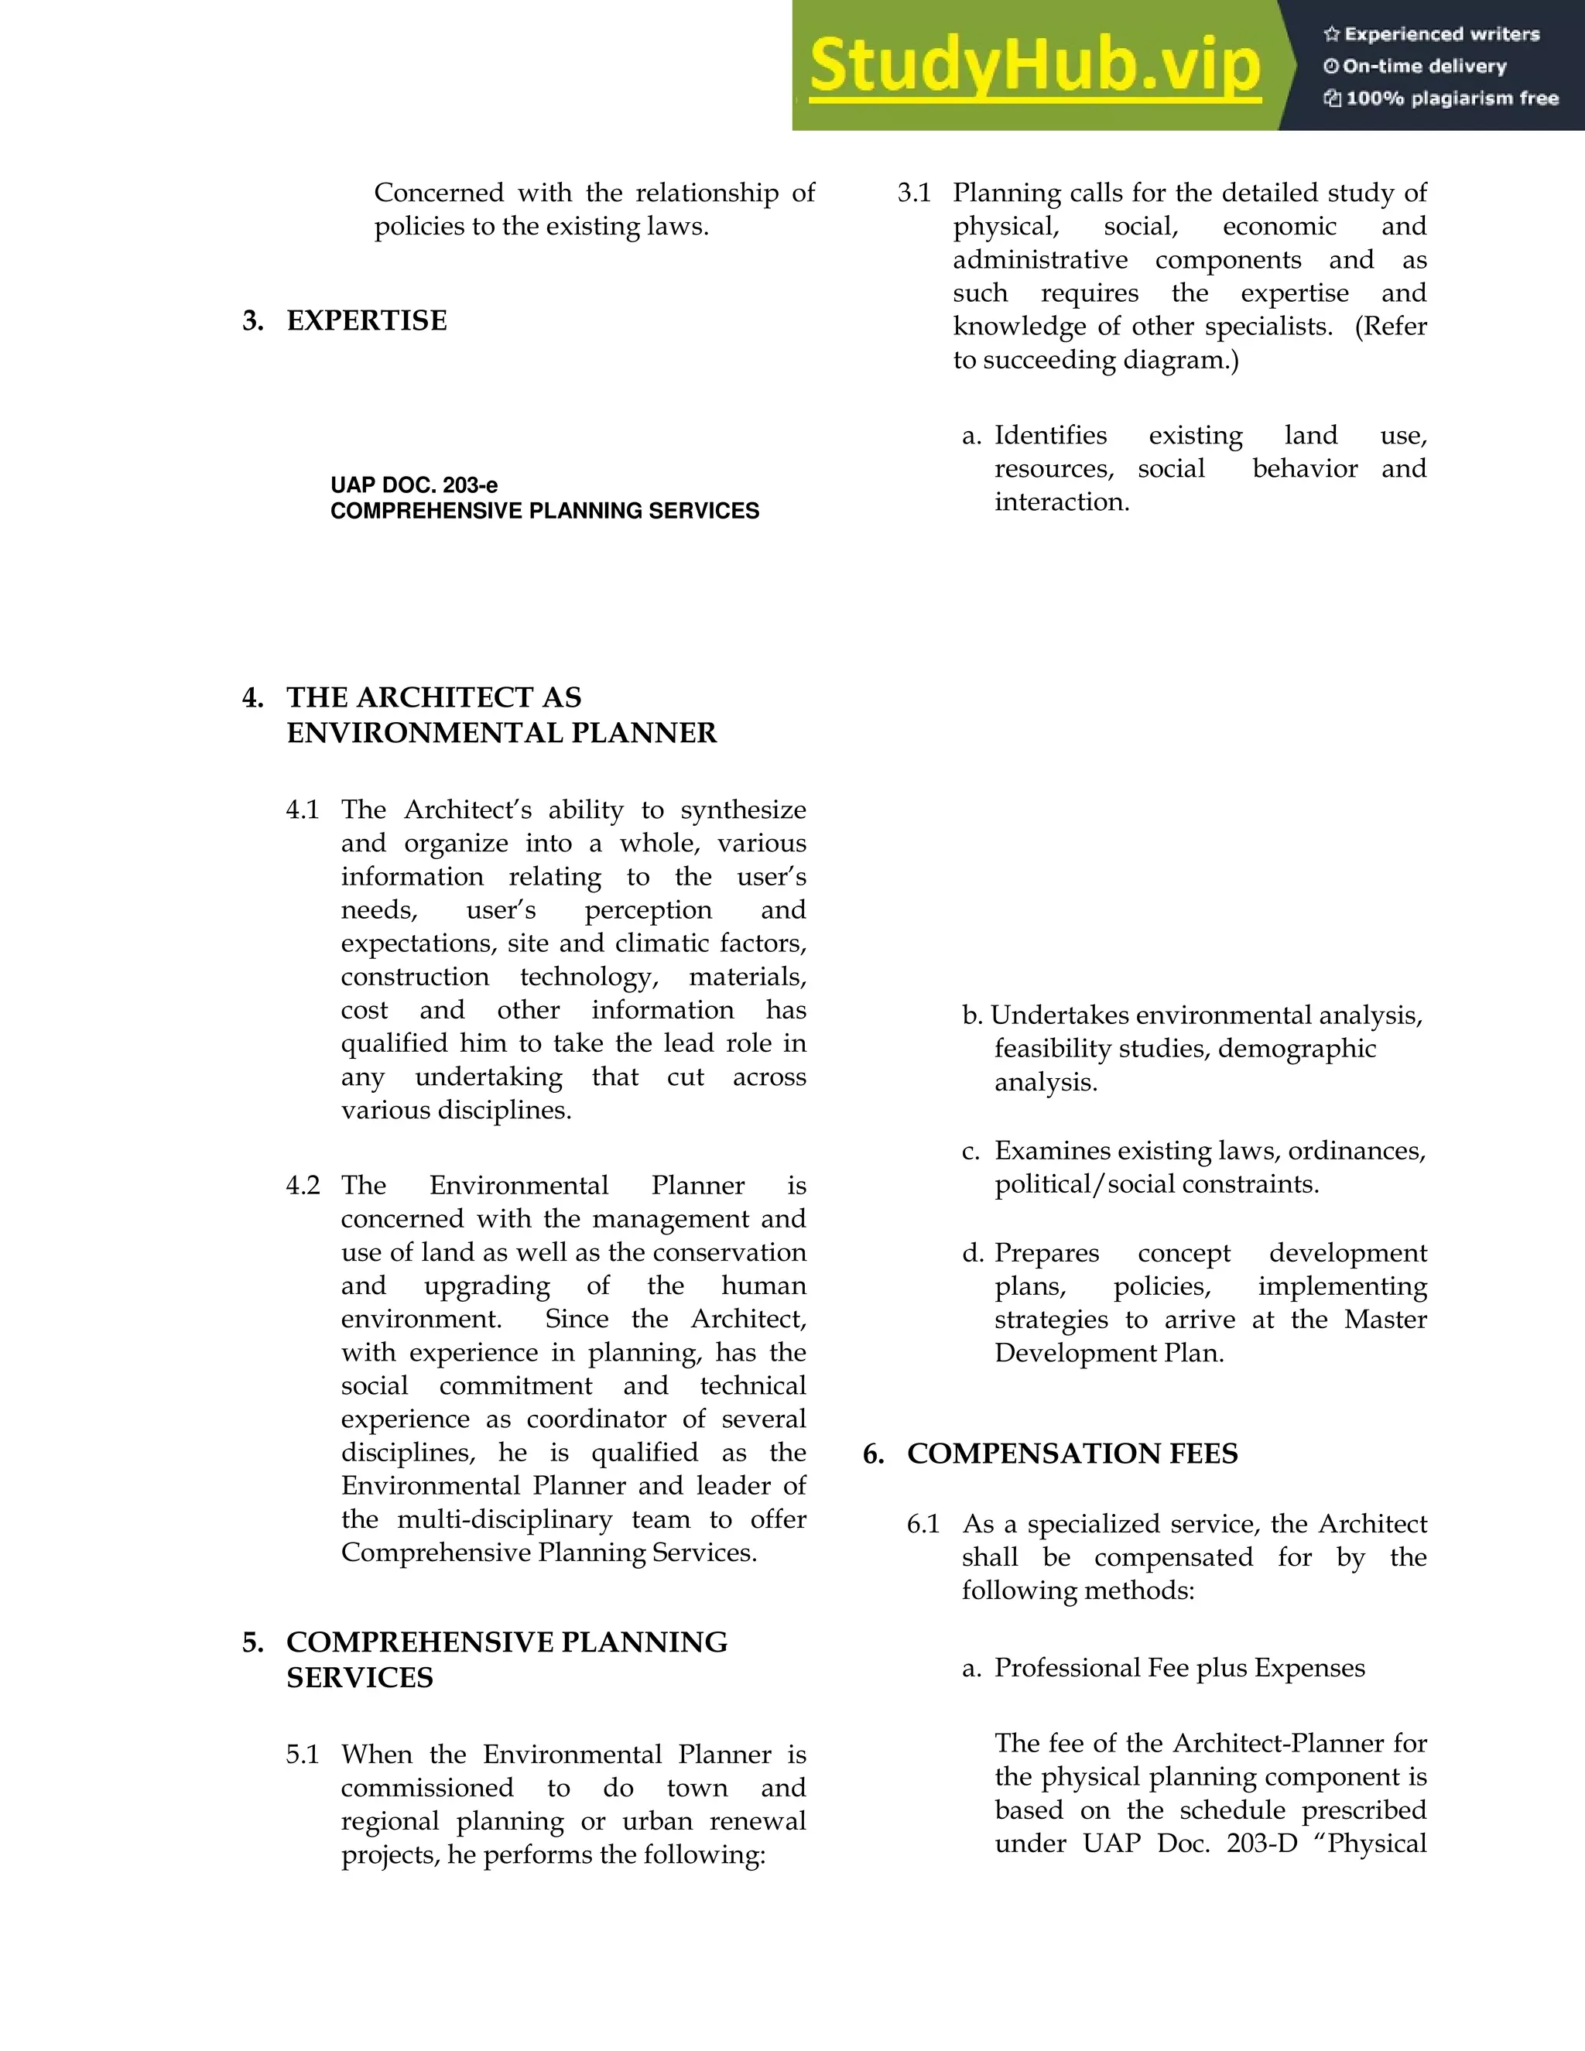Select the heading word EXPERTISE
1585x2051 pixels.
(366, 321)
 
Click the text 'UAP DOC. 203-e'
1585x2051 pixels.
(414, 485)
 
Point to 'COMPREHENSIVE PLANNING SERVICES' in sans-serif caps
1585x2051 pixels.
(545, 512)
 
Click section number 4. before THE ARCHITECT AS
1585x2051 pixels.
(252, 698)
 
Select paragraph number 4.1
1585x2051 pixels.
(303, 810)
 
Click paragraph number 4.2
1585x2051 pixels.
(303, 1185)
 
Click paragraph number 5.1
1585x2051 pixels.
(303, 1755)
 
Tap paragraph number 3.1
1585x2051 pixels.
(914, 193)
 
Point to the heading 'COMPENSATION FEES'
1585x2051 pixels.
(1073, 1454)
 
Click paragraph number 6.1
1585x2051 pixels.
(923, 1524)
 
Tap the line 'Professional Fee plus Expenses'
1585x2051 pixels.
(1179, 1668)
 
